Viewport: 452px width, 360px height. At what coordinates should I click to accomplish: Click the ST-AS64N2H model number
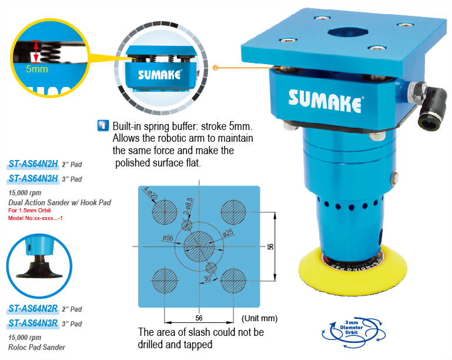point(34,165)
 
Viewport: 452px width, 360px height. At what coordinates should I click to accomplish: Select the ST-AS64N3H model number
point(34,179)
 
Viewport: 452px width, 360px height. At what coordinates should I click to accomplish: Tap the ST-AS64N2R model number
point(34,308)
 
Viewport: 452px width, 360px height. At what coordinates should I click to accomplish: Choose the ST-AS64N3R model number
point(34,323)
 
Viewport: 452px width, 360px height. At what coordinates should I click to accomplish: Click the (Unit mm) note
point(259,318)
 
